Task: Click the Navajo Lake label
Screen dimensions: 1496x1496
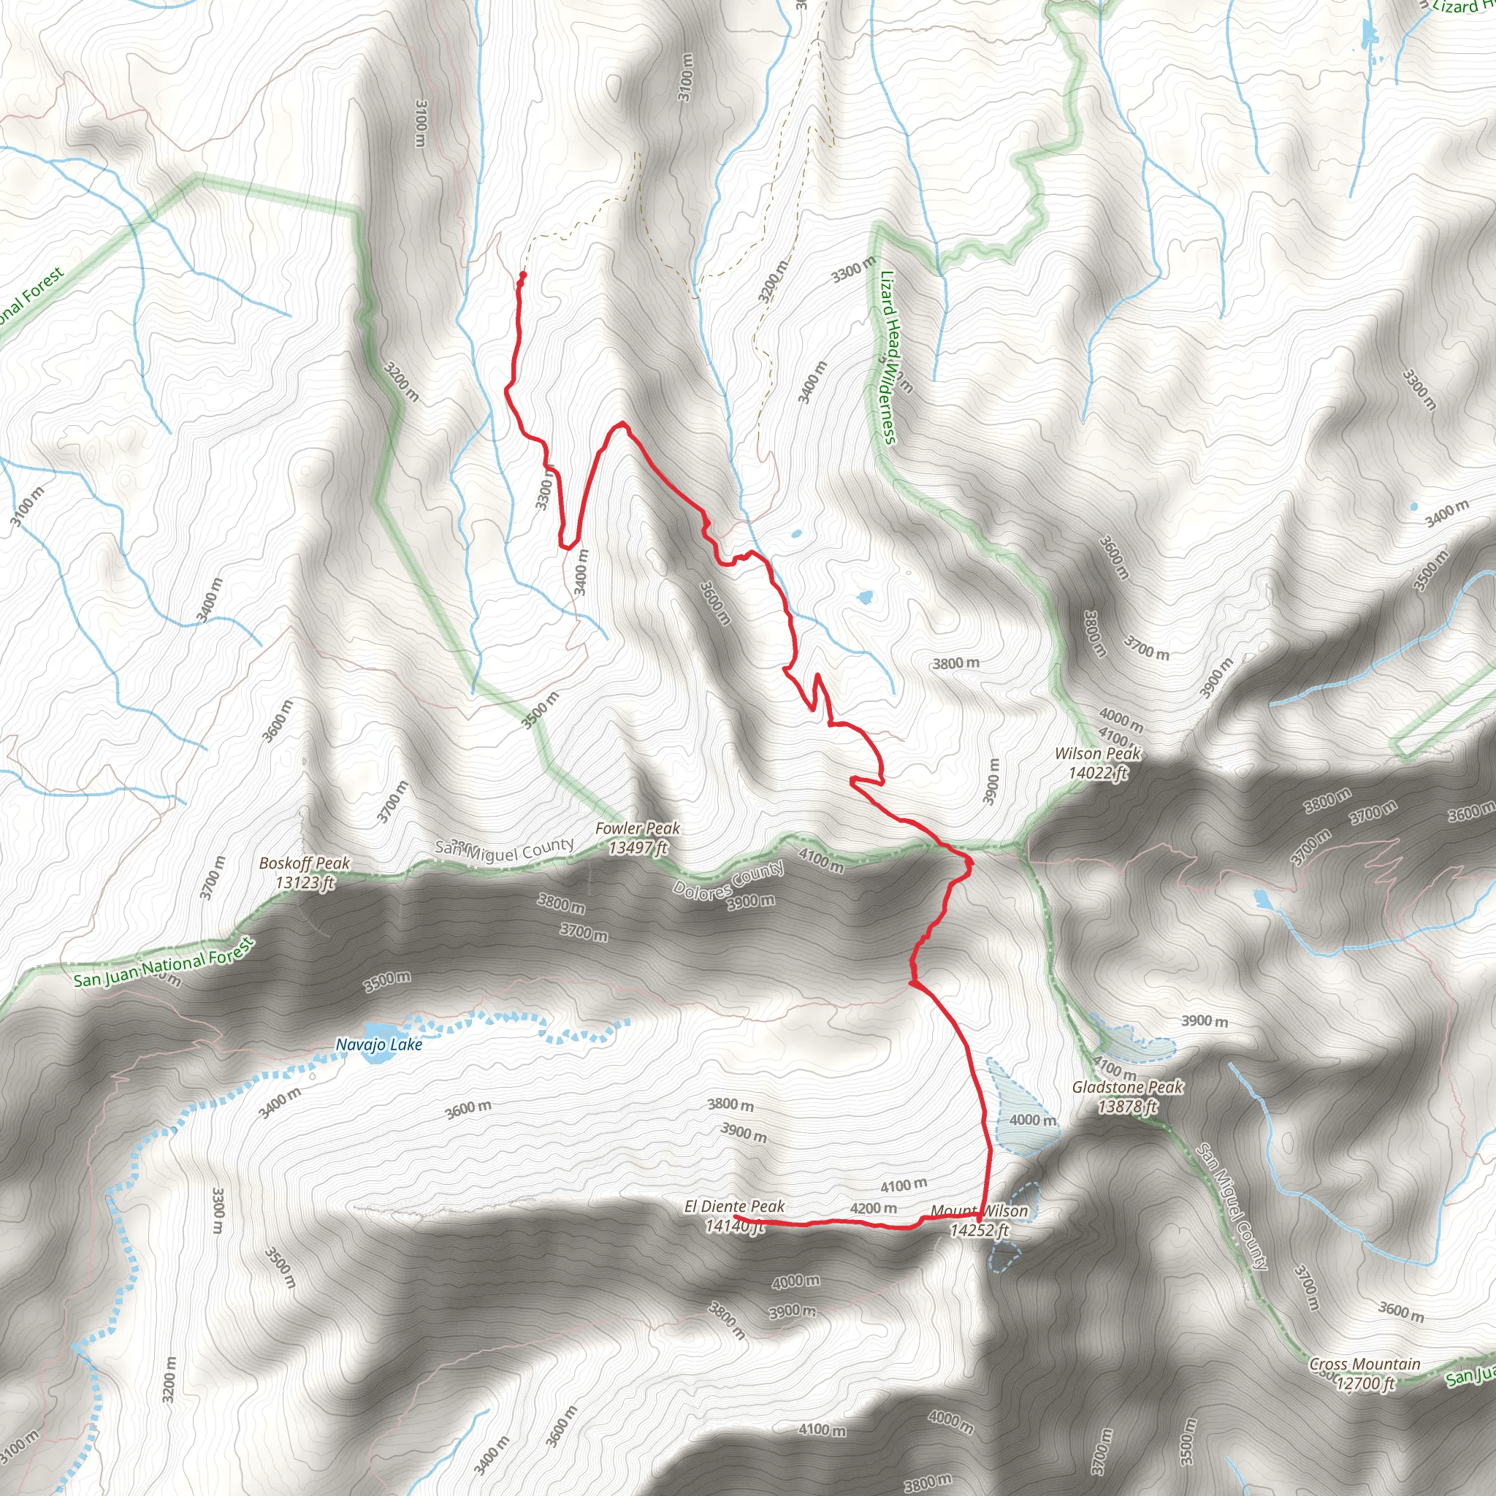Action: (x=378, y=1045)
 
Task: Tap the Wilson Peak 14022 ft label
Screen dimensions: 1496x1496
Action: (x=1098, y=763)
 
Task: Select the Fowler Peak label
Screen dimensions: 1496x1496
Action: (x=637, y=838)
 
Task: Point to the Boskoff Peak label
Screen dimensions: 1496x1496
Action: (x=305, y=872)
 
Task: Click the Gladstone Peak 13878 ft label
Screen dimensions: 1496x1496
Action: (x=1126, y=1096)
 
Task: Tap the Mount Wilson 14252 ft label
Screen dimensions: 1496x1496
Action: (x=980, y=1221)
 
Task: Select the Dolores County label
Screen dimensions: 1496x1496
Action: (x=728, y=880)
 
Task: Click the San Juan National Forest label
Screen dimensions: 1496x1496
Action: (x=164, y=963)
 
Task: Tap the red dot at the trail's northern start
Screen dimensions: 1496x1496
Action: (x=523, y=275)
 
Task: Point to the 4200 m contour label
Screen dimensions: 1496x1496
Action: (x=874, y=1208)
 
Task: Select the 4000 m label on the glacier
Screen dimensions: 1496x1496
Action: (x=1032, y=1120)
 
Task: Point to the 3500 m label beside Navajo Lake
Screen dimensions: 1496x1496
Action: (x=387, y=982)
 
